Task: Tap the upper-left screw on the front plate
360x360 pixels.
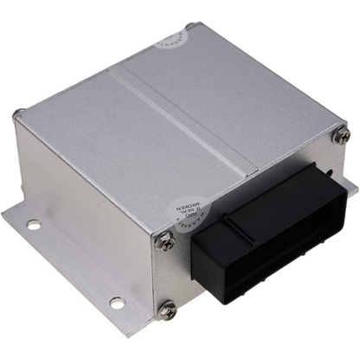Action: (x=165, y=243)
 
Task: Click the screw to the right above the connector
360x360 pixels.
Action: (x=342, y=134)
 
